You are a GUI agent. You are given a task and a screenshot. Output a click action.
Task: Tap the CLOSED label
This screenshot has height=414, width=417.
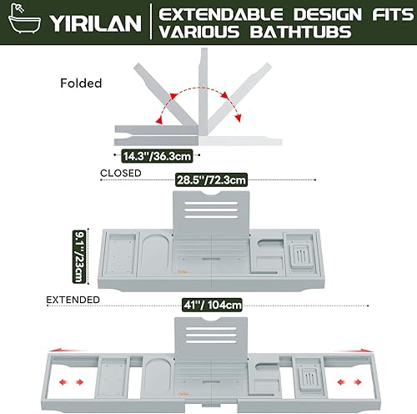pyautogui.click(x=121, y=174)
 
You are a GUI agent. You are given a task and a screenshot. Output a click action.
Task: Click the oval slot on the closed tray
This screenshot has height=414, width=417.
pyautogui.click(x=153, y=251)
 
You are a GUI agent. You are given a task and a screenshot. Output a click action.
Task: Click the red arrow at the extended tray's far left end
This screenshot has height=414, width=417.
pyautogui.click(x=33, y=350)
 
